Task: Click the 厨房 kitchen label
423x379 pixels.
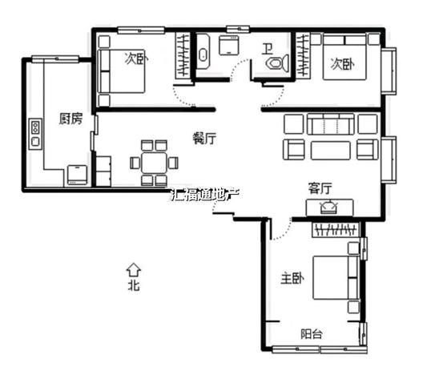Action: [x=70, y=119]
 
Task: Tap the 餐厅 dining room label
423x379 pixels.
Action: [x=204, y=139]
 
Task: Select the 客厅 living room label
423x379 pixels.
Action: [x=320, y=188]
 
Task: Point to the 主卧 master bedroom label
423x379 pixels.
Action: [x=292, y=278]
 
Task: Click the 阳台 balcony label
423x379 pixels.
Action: [x=312, y=334]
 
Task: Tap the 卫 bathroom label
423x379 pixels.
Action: [x=268, y=50]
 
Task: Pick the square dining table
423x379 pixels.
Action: [x=154, y=163]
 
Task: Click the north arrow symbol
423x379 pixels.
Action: [x=134, y=270]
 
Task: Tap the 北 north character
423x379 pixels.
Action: [x=134, y=285]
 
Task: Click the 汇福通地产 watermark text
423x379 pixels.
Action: [x=205, y=195]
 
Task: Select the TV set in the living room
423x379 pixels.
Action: [x=329, y=208]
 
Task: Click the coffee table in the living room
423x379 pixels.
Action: [x=331, y=151]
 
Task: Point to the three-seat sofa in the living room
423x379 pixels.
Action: [x=330, y=124]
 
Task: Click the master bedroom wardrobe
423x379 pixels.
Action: [x=336, y=230]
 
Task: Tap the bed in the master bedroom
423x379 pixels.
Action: [x=336, y=278]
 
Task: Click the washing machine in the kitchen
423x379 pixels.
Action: [x=77, y=175]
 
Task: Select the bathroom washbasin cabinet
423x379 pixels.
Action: [x=229, y=46]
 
